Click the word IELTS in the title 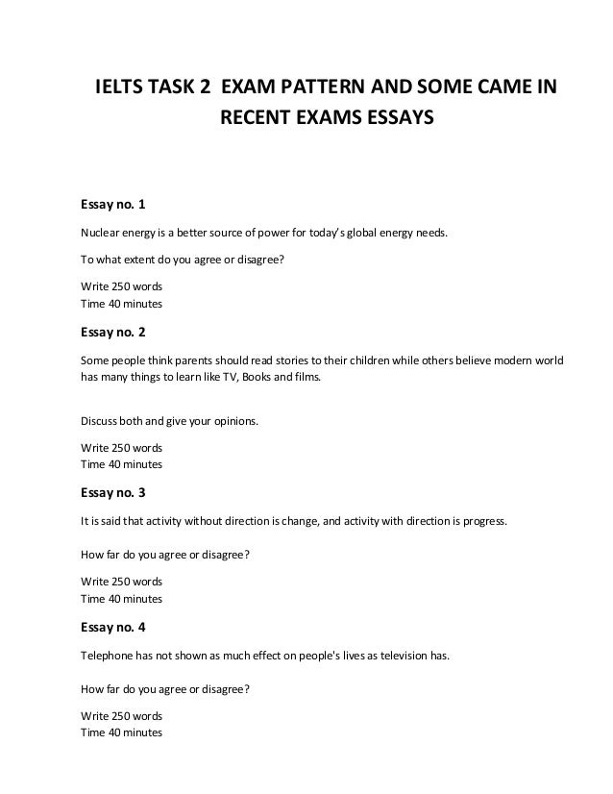coord(118,90)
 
